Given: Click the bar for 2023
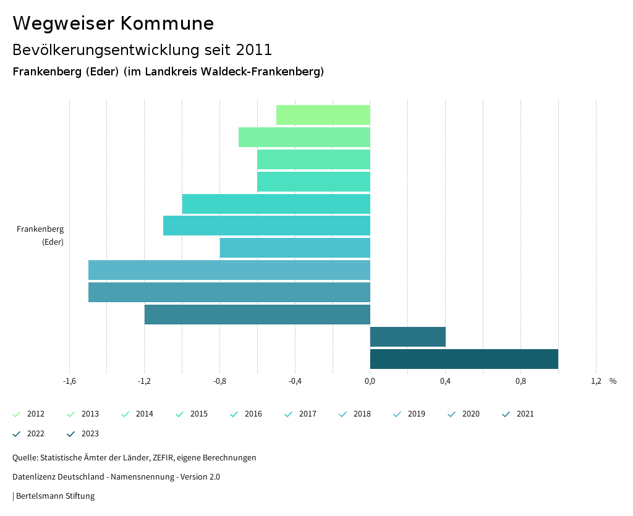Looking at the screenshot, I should (x=464, y=359).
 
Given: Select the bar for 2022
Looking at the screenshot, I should (x=407, y=337).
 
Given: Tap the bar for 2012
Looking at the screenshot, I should (x=323, y=115).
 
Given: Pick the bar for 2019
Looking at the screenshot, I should (x=229, y=270).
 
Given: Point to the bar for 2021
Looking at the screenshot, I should (x=257, y=315).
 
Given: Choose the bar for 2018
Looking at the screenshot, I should (x=295, y=248).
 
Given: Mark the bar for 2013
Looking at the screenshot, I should (x=304, y=137).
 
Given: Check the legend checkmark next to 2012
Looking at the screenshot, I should (x=17, y=414).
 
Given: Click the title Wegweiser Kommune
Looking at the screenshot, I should (x=113, y=23).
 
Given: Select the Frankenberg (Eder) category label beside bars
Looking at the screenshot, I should (x=41, y=235).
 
